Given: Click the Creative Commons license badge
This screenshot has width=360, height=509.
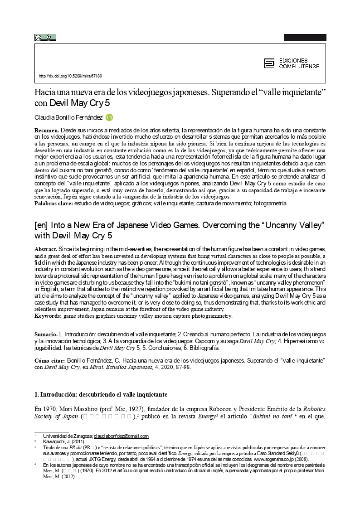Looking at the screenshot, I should [45, 38].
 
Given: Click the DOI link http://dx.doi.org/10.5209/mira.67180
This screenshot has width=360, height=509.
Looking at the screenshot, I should [70, 76].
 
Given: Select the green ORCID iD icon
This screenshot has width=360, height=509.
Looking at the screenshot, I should [109, 117].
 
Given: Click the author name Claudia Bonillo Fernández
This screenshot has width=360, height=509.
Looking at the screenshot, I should [68, 117].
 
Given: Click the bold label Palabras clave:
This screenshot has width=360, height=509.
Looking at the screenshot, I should [54, 203].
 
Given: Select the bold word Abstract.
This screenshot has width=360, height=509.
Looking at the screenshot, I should [46, 249].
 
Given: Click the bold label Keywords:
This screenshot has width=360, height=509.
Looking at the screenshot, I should [49, 315].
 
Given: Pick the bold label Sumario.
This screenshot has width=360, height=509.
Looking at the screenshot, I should [46, 333].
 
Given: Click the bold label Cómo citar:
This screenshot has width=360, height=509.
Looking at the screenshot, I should [50, 360].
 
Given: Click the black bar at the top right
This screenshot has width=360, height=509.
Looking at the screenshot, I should [305, 38].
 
